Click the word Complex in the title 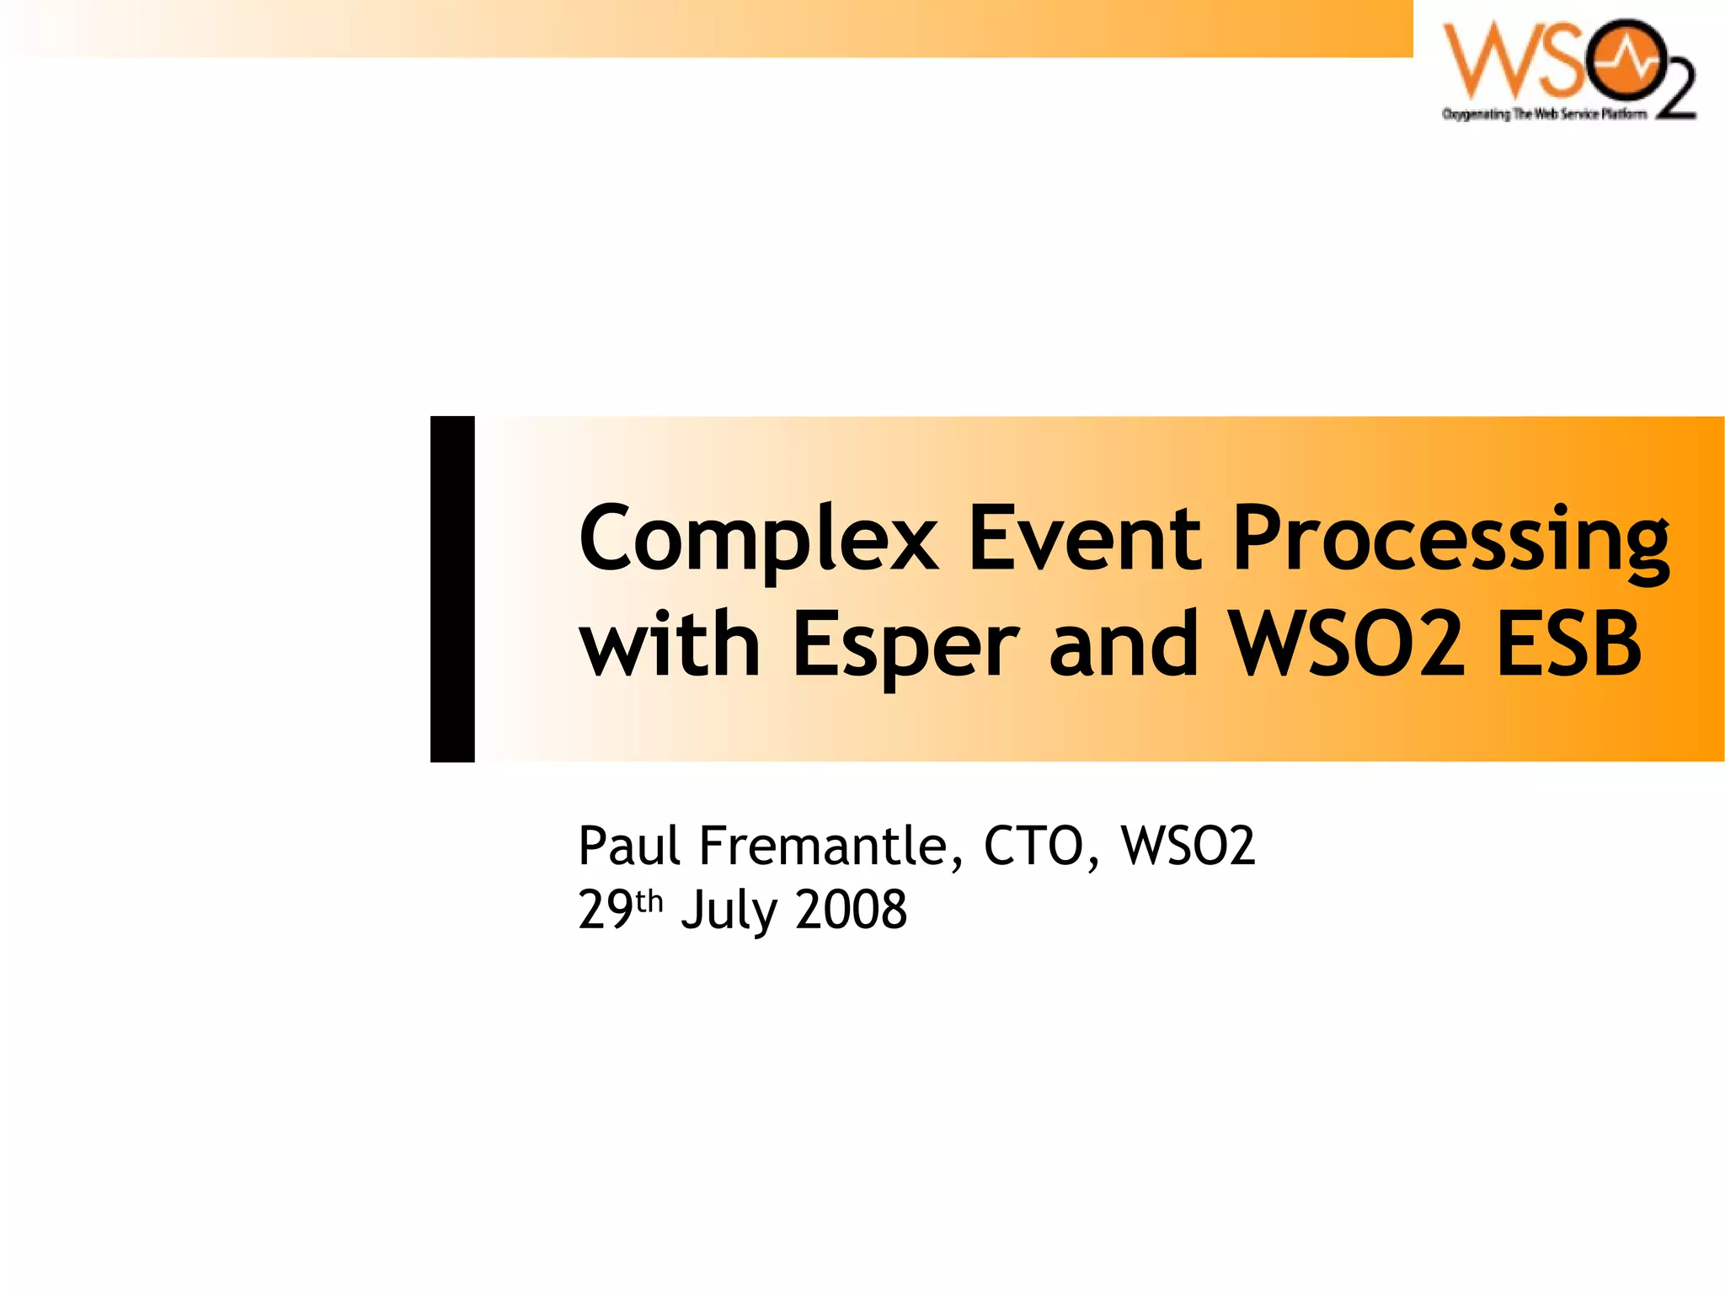coord(758,539)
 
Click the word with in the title coord(670,644)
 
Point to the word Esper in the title coord(905,647)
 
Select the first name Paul coord(628,846)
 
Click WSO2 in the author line coord(1188,846)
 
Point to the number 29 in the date coord(605,910)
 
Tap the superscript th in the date coord(649,901)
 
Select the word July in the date coord(729,911)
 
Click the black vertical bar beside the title coord(452,589)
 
